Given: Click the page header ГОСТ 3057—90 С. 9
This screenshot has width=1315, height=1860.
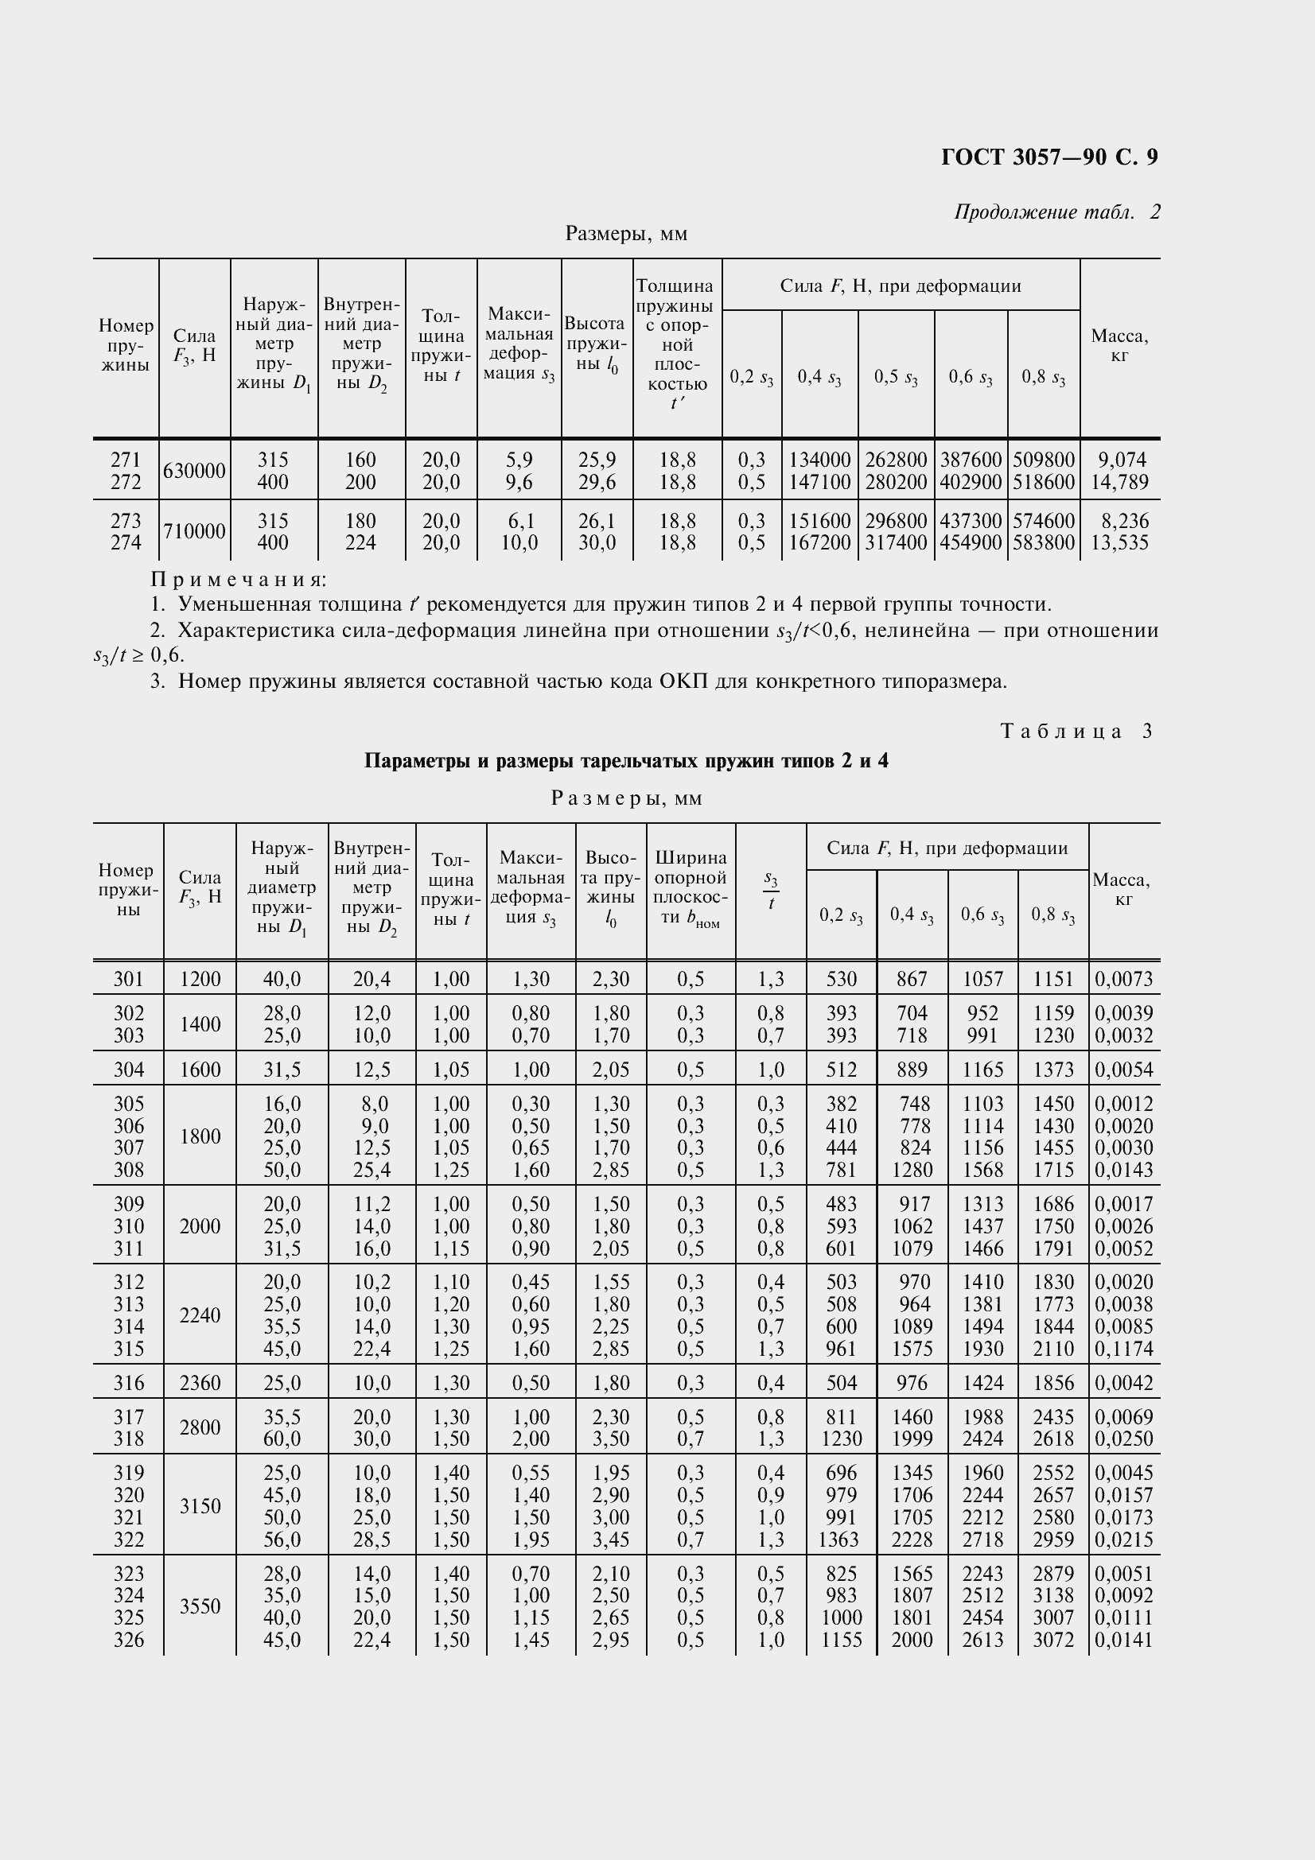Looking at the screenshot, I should [1049, 157].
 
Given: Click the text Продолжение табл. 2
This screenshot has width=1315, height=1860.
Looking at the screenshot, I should [1056, 212].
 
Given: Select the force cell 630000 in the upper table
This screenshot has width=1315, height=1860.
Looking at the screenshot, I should [194, 471].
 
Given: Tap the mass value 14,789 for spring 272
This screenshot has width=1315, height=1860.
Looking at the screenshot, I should [1120, 482].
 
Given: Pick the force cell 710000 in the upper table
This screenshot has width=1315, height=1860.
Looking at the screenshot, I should [194, 531].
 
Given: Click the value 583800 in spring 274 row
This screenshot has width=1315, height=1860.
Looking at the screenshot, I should [1044, 543].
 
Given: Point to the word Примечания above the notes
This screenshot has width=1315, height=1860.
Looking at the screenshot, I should [239, 579].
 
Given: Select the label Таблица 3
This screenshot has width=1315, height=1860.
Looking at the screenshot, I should [1076, 731].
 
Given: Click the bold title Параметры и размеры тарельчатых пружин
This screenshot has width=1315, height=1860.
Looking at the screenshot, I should [625, 761].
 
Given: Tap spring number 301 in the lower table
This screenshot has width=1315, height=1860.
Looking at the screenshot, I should [128, 979].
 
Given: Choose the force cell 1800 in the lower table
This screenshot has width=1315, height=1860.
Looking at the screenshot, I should [200, 1136].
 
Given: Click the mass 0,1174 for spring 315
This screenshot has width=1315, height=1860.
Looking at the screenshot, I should [1124, 1348].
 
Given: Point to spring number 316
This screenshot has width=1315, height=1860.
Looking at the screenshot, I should [128, 1382].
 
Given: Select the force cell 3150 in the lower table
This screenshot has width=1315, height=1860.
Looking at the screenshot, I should [200, 1505].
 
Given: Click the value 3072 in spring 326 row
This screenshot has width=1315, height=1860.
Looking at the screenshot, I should [1052, 1639].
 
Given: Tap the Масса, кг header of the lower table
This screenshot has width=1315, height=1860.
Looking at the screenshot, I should [1122, 889].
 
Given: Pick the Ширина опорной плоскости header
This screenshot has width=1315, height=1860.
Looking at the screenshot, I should [691, 888].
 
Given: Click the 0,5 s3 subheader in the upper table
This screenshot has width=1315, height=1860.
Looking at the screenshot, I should [895, 378].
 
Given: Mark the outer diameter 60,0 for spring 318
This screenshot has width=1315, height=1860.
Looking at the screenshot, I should [282, 1438].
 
